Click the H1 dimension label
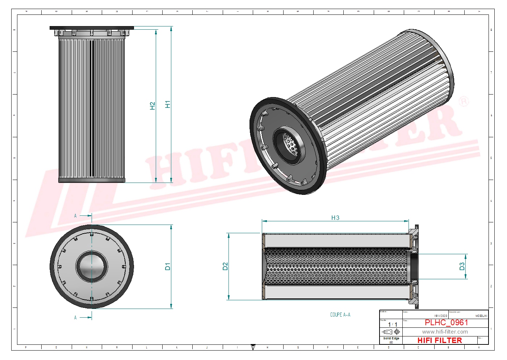pyautogui.click(x=168, y=104)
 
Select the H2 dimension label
pyautogui.click(x=152, y=106)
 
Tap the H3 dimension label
pyautogui.click(x=335, y=218)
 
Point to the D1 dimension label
pyautogui.click(x=168, y=267)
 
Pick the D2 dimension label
pyautogui.click(x=225, y=267)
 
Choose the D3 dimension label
pyautogui.click(x=462, y=267)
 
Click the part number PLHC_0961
pyautogui.click(x=446, y=322)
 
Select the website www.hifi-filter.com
pyautogui.click(x=445, y=332)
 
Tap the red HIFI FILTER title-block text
pyautogui.click(x=440, y=340)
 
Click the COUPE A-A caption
pyautogui.click(x=340, y=315)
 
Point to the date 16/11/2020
pyautogui.click(x=440, y=316)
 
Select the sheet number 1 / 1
pyautogui.click(x=393, y=325)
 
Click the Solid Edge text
pyautogui.click(x=391, y=338)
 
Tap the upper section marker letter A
pyautogui.click(x=75, y=216)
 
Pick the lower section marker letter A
pyautogui.click(x=75, y=318)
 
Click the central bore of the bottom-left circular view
pyautogui.click(x=92, y=267)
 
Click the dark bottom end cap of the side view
pyautogui.click(x=92, y=180)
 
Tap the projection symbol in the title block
pyautogui.click(x=392, y=332)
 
